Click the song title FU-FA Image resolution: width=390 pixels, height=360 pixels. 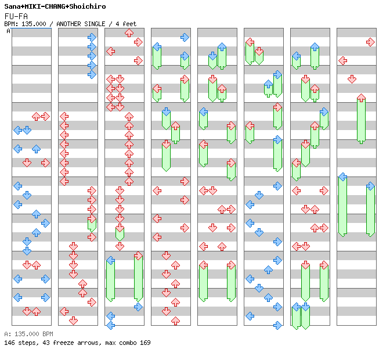coord(16,16)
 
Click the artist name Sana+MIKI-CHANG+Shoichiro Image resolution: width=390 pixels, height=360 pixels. coord(55,6)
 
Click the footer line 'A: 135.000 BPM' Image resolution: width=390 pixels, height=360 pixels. coord(28,334)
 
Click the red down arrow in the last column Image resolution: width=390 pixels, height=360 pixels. coord(352,79)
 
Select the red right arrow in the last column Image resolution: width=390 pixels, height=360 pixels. coord(370,42)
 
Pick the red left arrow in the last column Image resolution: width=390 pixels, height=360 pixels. coord(343,60)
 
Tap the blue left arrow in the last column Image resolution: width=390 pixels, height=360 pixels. coord(343,177)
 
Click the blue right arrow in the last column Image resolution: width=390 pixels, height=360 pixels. coord(370,186)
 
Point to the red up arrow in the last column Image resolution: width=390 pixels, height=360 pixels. coord(361,98)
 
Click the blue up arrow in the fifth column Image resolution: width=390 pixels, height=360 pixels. coord(222,46)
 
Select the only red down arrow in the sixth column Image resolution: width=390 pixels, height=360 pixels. coord(259,51)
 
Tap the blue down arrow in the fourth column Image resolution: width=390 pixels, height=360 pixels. coord(166,111)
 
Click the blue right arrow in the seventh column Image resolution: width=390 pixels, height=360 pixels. coord(324,111)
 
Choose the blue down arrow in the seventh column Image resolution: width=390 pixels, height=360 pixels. coord(305,307)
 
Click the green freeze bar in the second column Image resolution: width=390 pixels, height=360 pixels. coord(92,225)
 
